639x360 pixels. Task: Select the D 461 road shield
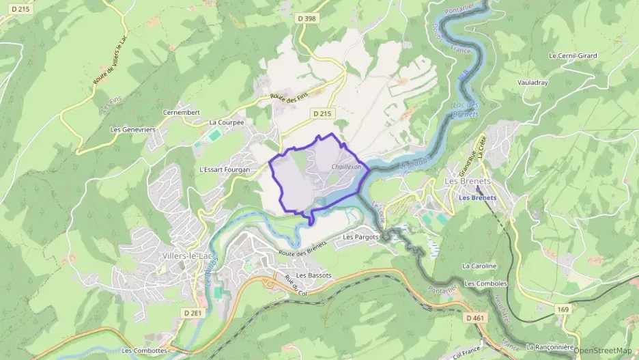click(476, 318)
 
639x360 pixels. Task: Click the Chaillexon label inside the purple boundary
click(345, 167)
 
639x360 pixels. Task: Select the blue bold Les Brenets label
click(478, 197)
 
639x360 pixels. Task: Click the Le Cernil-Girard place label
click(573, 55)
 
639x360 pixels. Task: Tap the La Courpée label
click(227, 123)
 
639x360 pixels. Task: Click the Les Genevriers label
click(133, 129)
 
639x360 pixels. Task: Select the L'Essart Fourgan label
click(224, 169)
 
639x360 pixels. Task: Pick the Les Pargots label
click(360, 237)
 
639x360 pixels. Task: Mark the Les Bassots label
click(314, 275)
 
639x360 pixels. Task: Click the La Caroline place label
click(479, 266)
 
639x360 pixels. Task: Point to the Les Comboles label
click(485, 283)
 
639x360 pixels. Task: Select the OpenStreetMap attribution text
click(602, 350)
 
